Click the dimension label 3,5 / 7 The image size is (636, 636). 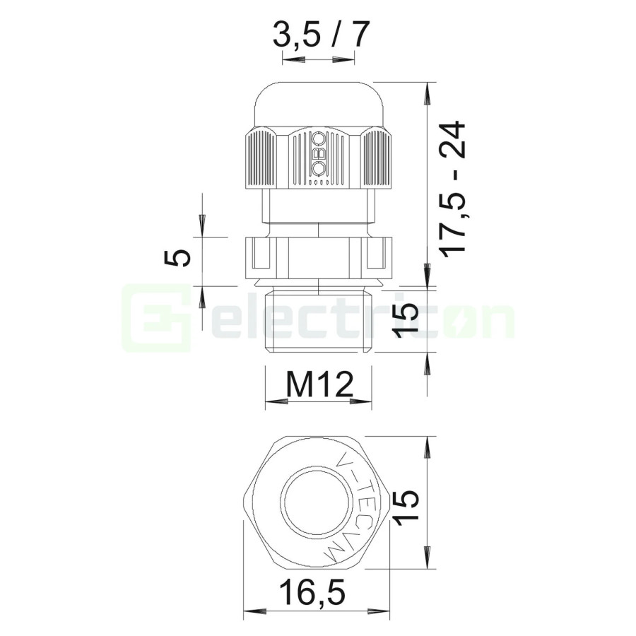click(x=322, y=35)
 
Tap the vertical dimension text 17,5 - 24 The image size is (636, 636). click(x=453, y=189)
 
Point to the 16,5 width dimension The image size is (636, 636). click(x=312, y=593)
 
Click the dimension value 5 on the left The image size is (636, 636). click(x=177, y=258)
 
